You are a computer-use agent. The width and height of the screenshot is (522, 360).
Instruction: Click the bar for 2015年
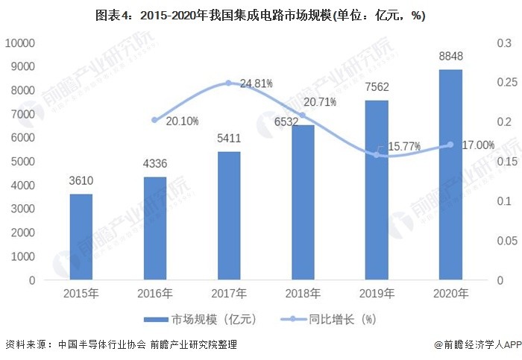81,237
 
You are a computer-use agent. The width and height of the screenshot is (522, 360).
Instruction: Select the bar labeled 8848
450,175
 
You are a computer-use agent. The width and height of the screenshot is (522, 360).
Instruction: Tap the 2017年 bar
228,216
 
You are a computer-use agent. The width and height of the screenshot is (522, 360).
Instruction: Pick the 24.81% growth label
256,83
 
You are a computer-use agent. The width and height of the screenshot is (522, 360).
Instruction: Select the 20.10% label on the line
182,121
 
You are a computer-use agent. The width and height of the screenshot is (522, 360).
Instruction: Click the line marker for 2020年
450,145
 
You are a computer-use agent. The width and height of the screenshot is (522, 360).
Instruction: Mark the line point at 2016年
154,119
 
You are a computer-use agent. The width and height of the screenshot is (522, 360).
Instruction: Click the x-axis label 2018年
302,294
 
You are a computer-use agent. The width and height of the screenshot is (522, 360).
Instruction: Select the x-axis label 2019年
377,294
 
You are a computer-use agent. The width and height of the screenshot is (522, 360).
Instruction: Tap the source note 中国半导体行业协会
98,344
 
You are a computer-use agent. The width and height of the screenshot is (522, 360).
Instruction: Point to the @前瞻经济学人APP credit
477,344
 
